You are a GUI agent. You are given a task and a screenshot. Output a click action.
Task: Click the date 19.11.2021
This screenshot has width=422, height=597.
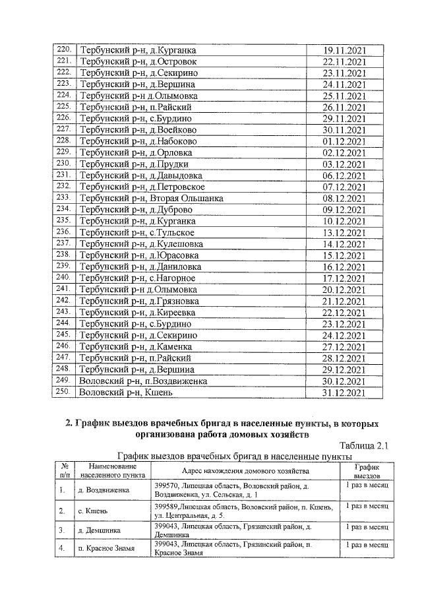344,50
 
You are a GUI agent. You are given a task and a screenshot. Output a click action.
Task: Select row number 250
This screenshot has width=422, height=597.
64,392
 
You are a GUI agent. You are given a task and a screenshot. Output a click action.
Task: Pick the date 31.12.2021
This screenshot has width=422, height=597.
344,393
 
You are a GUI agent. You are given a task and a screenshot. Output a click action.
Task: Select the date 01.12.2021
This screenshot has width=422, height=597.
344,141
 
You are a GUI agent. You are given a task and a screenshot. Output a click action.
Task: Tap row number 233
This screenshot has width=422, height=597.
64,197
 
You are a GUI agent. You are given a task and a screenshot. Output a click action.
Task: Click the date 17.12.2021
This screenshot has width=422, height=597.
344,278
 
